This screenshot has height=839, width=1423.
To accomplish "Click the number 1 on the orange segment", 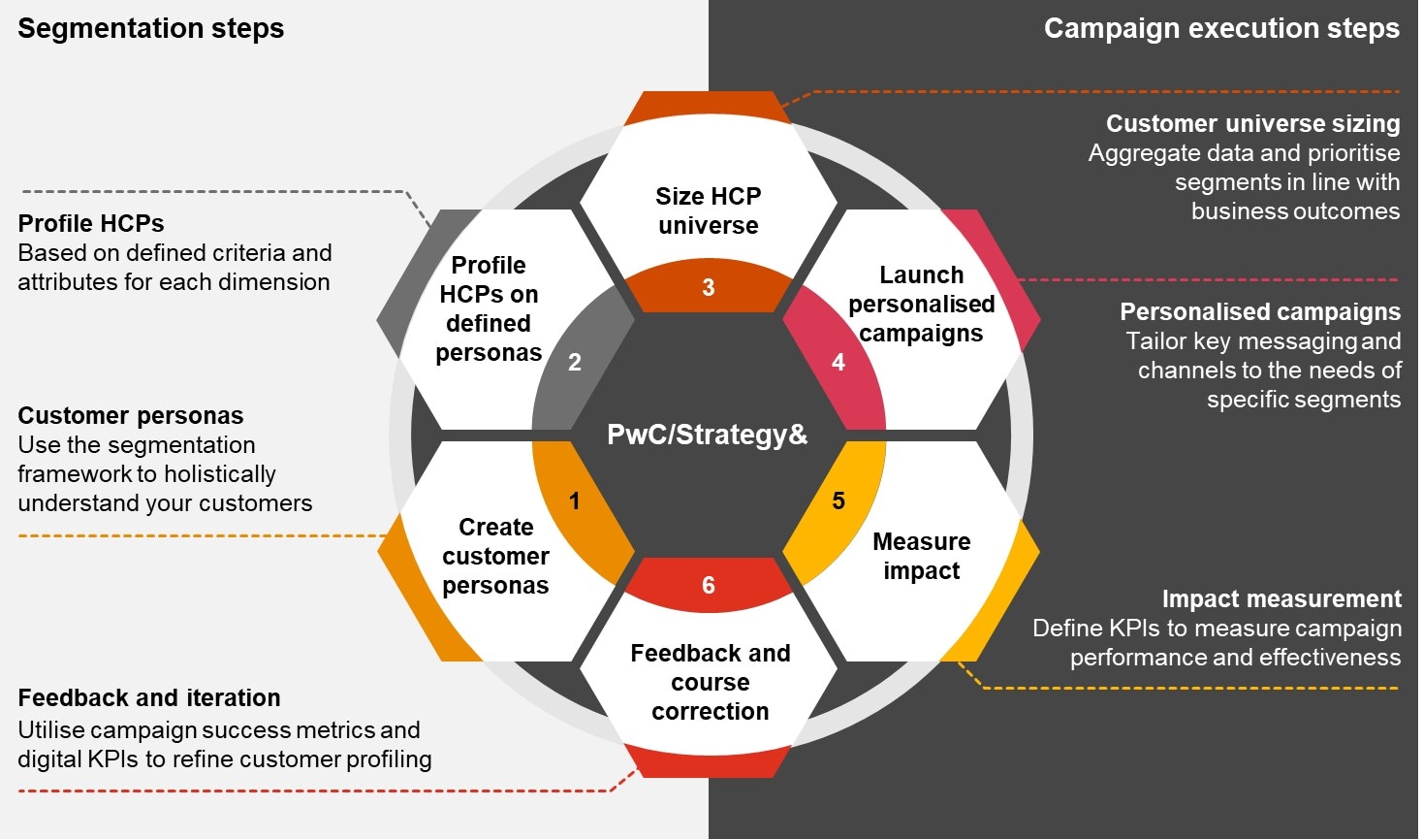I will (x=575, y=501).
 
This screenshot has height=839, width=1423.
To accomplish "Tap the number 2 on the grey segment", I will (x=575, y=363).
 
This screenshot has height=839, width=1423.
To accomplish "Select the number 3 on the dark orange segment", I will (x=709, y=288).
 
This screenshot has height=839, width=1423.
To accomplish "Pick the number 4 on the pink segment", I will (x=838, y=363).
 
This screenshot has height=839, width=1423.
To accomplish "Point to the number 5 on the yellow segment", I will (x=838, y=501).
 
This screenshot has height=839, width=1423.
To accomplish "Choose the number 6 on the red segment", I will (x=709, y=586).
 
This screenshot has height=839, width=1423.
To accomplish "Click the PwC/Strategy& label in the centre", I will (x=708, y=435).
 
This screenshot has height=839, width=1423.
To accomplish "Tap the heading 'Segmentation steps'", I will (x=151, y=28).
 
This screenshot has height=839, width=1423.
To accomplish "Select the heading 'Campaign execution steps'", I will (x=1221, y=28).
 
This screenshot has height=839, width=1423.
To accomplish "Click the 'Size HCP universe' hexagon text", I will (x=709, y=210).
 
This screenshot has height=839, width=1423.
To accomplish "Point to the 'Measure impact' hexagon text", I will (x=922, y=556).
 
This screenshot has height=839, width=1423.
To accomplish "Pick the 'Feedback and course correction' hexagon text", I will (x=711, y=682).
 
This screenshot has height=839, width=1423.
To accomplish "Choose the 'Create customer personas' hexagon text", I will (x=496, y=556).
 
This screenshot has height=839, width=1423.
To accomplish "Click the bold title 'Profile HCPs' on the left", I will (x=91, y=224).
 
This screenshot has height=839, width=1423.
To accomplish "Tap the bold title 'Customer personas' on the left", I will (x=131, y=416).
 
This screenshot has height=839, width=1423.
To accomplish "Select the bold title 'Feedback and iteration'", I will (x=149, y=698).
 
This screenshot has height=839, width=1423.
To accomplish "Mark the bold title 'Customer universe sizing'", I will (x=1252, y=124).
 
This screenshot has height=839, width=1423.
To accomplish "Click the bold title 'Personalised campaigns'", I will (x=1260, y=312).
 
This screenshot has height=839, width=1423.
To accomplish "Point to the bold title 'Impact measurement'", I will (x=1281, y=599).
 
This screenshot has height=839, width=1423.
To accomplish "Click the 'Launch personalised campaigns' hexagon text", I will (x=922, y=304).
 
